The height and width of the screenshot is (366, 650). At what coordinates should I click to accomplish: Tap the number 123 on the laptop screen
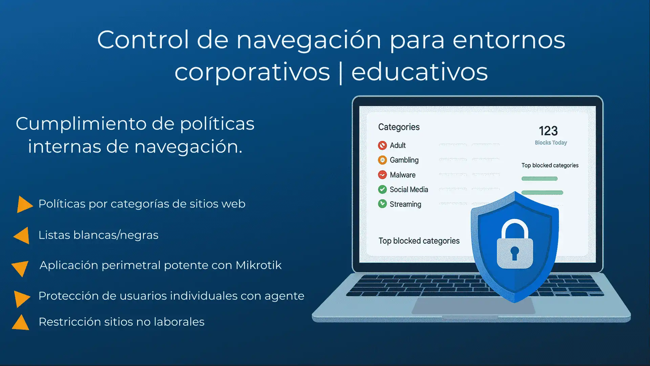(548, 131)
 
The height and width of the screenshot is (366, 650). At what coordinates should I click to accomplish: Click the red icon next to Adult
(382, 145)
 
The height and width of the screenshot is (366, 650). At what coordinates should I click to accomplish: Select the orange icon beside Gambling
(382, 160)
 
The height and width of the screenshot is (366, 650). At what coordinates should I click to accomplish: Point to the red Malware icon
(382, 175)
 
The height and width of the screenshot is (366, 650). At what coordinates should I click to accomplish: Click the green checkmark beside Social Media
(382, 189)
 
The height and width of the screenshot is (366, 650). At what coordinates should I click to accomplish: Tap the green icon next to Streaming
(382, 204)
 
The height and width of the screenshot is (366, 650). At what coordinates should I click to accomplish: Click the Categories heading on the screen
(399, 127)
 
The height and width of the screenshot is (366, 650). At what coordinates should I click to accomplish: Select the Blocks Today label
(551, 143)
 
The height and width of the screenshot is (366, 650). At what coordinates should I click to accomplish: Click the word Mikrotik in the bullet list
(258, 265)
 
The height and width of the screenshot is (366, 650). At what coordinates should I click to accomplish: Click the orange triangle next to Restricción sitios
(21, 323)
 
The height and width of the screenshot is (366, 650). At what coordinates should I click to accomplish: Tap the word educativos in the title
(419, 72)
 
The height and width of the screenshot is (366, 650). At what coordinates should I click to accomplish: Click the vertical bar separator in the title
(341, 73)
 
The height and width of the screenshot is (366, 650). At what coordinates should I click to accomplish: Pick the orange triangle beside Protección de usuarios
(22, 298)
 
